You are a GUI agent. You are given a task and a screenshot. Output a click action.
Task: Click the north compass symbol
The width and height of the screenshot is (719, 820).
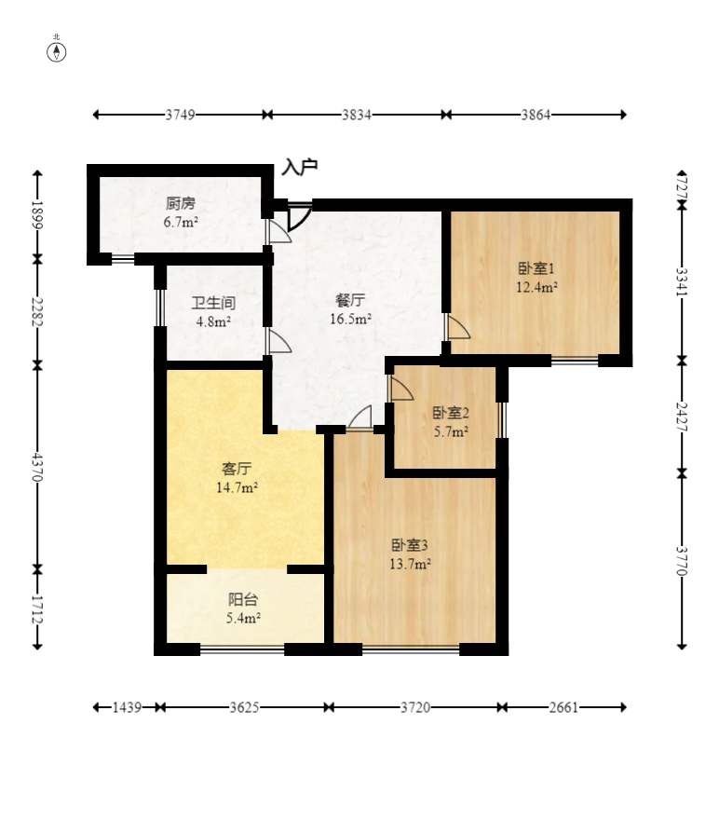pyautogui.click(x=57, y=51)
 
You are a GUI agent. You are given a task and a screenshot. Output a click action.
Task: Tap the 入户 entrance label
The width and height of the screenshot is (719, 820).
pyautogui.click(x=299, y=168)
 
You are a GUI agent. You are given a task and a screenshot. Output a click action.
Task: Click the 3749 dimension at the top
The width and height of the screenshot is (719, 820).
pyautogui.click(x=181, y=115)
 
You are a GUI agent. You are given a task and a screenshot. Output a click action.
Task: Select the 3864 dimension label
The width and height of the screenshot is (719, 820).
pyautogui.click(x=536, y=115)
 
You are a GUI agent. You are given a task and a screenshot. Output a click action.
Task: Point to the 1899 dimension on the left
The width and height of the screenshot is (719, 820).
pyautogui.click(x=37, y=215)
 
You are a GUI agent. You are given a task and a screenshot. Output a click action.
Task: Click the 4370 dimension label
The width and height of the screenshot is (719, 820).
pyautogui.click(x=37, y=467)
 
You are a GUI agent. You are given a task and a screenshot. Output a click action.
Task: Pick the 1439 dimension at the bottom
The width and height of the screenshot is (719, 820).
pyautogui.click(x=127, y=707)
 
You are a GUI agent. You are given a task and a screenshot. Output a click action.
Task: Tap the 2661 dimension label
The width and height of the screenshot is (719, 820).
pyautogui.click(x=563, y=707)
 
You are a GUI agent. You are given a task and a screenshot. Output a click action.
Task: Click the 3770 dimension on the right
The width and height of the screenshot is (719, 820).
pyautogui.click(x=682, y=561)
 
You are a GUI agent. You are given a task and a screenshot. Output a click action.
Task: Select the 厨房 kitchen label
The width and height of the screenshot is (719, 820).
pyautogui.click(x=181, y=203)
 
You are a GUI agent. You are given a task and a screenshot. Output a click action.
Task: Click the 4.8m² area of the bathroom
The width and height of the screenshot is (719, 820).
pyautogui.click(x=213, y=321)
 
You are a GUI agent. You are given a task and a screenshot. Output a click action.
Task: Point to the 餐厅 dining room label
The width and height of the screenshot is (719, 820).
pyautogui.click(x=350, y=300)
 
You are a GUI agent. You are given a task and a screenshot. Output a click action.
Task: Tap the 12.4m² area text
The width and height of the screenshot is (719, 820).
pyautogui.click(x=536, y=287)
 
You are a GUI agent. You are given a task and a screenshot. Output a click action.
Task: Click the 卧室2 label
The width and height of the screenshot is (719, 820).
pyautogui.click(x=451, y=413)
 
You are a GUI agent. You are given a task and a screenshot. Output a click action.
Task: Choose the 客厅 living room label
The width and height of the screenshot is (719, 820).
pyautogui.click(x=237, y=469)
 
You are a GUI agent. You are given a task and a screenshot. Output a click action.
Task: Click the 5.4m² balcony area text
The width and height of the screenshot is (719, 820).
pyautogui.click(x=243, y=618)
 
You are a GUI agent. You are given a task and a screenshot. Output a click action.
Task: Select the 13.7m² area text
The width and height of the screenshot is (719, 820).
pyautogui.click(x=410, y=564)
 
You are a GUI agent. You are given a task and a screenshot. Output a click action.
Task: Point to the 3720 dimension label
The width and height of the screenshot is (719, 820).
pyautogui.click(x=415, y=707)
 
